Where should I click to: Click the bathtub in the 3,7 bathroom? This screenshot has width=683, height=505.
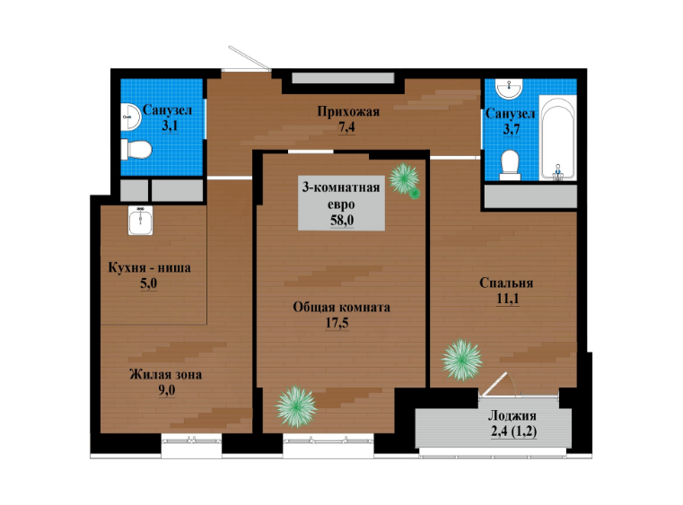click(x=558, y=138)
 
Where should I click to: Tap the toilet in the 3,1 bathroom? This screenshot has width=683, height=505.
click(x=136, y=149)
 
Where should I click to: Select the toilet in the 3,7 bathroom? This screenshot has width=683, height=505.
click(x=510, y=165)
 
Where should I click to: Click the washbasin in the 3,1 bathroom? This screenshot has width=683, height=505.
click(x=130, y=117)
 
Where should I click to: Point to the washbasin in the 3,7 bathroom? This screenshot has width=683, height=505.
click(x=508, y=89)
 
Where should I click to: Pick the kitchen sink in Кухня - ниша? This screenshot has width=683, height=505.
click(x=140, y=221)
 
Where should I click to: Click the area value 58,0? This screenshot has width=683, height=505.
click(x=342, y=220)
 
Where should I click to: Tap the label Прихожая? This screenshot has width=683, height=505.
click(x=348, y=112)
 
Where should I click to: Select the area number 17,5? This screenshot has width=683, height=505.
click(x=337, y=323)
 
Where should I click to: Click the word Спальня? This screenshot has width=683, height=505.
click(x=506, y=283)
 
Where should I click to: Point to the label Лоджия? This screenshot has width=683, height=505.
click(x=512, y=415)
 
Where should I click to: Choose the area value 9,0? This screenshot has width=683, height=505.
click(x=166, y=390)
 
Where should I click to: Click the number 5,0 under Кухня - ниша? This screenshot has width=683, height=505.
click(x=148, y=283)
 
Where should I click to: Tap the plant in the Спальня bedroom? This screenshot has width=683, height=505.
click(x=461, y=360)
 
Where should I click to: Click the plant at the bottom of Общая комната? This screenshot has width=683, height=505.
click(x=296, y=406)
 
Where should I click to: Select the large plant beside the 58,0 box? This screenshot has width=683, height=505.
click(x=404, y=178)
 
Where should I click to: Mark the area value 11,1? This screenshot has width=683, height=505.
click(x=507, y=299)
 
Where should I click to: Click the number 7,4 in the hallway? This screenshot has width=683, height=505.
click(x=346, y=127)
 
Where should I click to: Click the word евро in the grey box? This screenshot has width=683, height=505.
click(x=341, y=205)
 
